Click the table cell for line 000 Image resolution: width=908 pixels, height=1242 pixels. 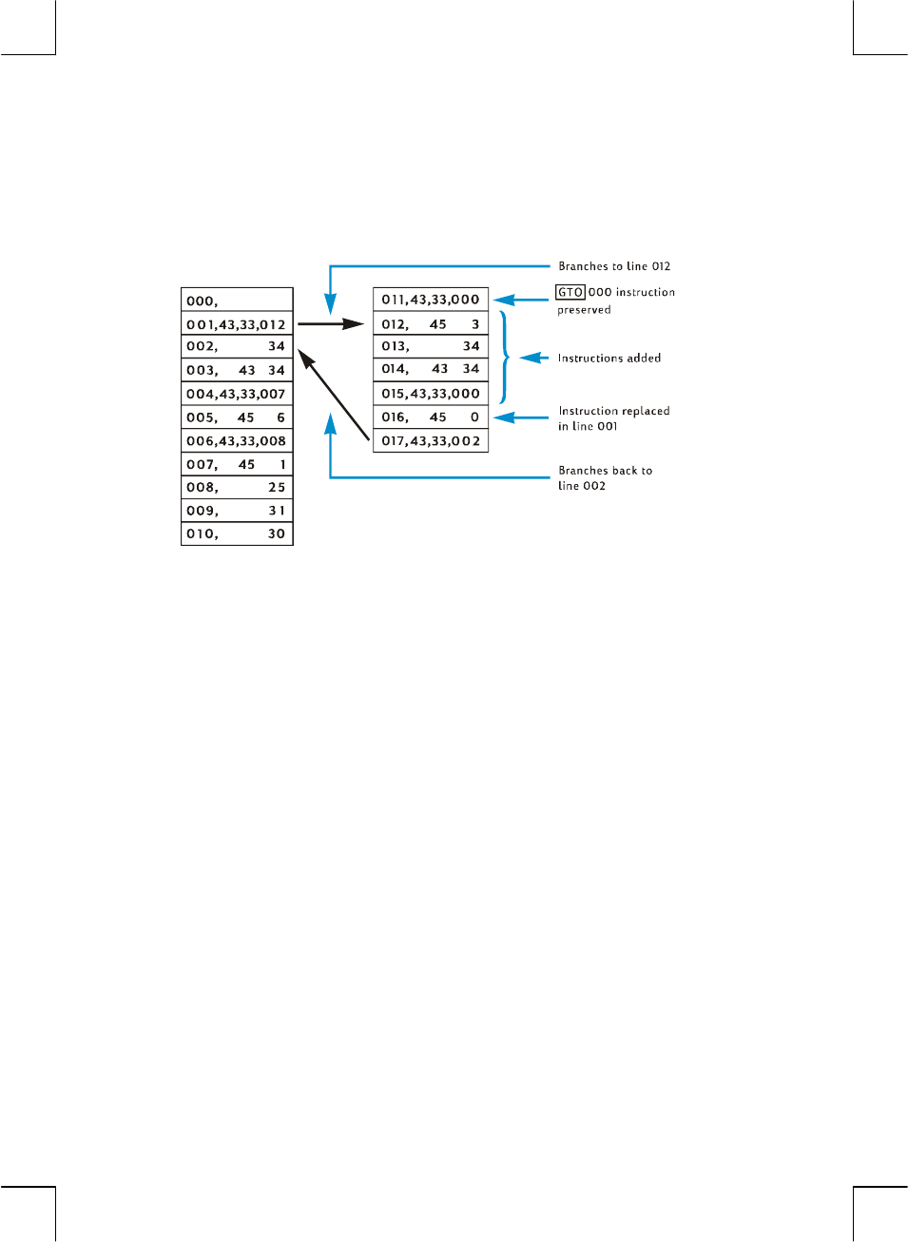237,301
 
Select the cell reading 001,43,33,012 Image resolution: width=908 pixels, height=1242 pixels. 237,324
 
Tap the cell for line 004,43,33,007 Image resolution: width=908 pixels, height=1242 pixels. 237,394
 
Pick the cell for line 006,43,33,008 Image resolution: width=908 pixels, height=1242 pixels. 237,441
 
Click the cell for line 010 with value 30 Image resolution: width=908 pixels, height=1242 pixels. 237,534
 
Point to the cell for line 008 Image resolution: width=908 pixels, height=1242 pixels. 237,487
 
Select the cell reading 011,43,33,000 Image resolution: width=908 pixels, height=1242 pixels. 431,300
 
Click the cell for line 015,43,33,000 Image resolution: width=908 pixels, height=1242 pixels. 431,394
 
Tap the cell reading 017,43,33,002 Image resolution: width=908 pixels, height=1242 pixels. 431,441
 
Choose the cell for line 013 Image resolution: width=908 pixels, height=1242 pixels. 431,346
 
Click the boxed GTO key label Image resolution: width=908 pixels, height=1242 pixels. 570,292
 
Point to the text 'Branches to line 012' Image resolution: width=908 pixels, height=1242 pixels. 614,266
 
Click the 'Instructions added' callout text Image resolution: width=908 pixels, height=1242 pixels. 609,358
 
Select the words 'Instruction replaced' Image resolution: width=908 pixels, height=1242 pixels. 614,411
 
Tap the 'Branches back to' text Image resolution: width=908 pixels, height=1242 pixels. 606,471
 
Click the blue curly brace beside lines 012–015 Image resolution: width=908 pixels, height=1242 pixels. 505,358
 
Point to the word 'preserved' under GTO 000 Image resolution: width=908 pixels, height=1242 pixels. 584,310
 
